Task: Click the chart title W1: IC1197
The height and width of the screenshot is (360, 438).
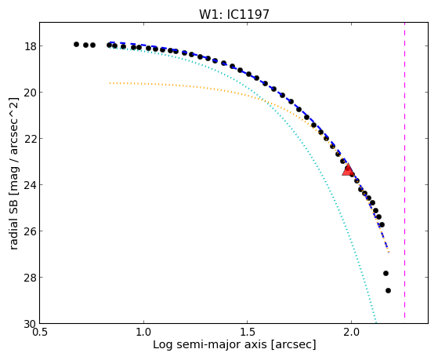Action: coord(234,14)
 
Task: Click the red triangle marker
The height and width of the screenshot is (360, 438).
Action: coord(348,169)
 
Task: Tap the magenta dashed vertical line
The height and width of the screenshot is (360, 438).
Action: coord(404,170)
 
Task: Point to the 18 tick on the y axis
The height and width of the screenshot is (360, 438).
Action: coord(29,45)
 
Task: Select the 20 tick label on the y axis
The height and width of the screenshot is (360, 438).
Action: coord(29,92)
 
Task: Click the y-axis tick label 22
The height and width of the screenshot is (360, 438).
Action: coord(29,139)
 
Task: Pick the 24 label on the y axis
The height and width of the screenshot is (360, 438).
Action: coord(29,184)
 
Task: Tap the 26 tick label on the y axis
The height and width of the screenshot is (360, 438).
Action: coord(29,231)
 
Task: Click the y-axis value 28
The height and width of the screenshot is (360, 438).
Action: coord(29,277)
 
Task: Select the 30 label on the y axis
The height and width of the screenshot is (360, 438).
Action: coord(29,325)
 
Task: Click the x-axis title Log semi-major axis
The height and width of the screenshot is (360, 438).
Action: coord(210,344)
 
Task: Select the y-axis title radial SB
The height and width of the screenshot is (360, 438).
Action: coord(13,221)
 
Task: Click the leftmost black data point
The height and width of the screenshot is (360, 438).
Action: coord(76,44)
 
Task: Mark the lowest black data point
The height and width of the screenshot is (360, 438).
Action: coord(388,291)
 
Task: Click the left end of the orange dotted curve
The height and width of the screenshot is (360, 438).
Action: coord(110,83)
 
